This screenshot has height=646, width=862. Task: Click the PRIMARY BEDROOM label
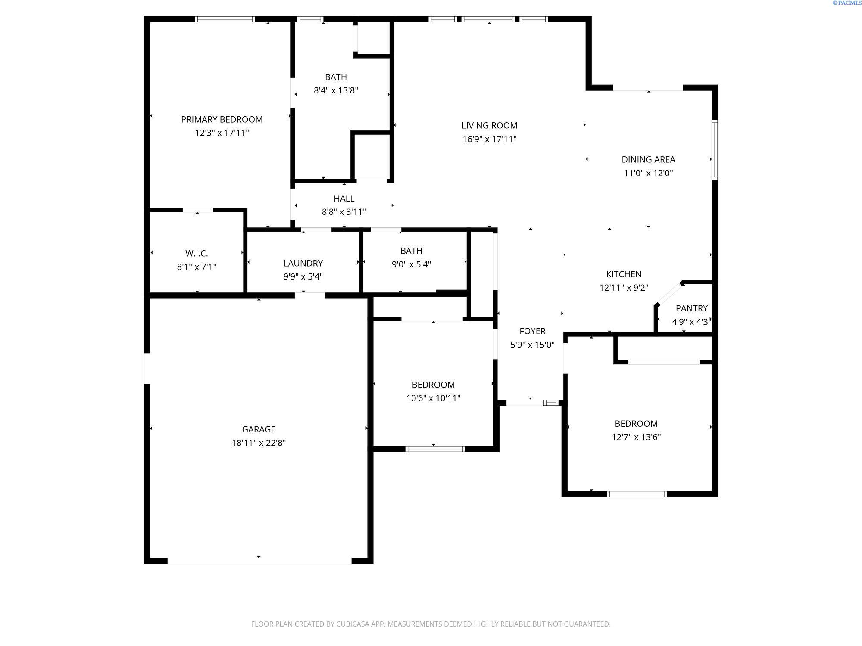click(x=222, y=119)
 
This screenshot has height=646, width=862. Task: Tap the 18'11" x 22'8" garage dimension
click(x=259, y=443)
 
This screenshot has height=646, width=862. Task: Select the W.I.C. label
click(x=197, y=253)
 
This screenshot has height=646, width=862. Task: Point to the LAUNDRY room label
click(x=303, y=263)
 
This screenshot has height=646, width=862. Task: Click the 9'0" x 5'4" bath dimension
click(x=411, y=264)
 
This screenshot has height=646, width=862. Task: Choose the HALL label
click(x=344, y=199)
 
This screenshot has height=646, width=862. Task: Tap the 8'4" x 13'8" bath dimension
click(x=336, y=90)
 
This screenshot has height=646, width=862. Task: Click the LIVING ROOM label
click(x=489, y=125)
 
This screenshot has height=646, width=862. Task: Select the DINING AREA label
click(x=648, y=159)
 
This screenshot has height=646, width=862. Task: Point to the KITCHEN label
click(x=624, y=274)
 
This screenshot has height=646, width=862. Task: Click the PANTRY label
click(x=691, y=308)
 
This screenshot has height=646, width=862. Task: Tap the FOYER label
click(x=532, y=331)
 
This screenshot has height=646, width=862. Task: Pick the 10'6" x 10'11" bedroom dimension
click(x=433, y=398)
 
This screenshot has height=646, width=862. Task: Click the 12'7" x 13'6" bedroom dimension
click(x=636, y=437)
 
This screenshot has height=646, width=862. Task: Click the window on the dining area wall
click(x=714, y=150)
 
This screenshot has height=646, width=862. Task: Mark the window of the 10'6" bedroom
click(x=435, y=449)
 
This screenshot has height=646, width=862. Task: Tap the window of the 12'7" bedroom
click(x=637, y=494)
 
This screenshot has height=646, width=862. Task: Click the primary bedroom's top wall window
click(x=225, y=19)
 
